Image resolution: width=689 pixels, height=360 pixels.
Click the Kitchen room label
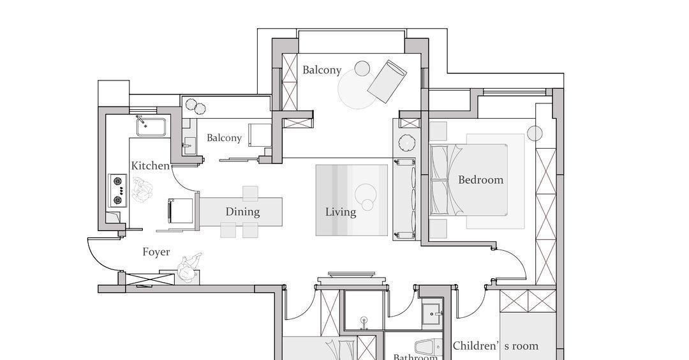click(151, 166)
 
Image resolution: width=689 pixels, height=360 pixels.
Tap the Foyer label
click(156, 252)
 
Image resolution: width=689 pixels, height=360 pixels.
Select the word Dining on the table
click(242, 212)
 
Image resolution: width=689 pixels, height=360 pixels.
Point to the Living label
click(341, 212)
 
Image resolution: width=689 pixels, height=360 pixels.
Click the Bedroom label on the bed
click(481, 179)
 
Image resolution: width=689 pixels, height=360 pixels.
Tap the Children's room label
click(496, 346)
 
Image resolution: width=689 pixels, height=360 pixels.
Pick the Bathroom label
click(415, 356)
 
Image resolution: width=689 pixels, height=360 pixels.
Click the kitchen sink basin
click(151, 126)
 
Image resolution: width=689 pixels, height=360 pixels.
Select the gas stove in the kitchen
click(118, 190)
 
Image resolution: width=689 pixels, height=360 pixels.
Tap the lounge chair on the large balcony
click(387, 81)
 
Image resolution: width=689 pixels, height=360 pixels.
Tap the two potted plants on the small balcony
click(196, 107)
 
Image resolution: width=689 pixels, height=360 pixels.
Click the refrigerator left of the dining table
click(181, 211)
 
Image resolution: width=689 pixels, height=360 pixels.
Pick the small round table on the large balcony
click(362, 68)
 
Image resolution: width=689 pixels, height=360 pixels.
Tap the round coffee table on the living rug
click(364, 193)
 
